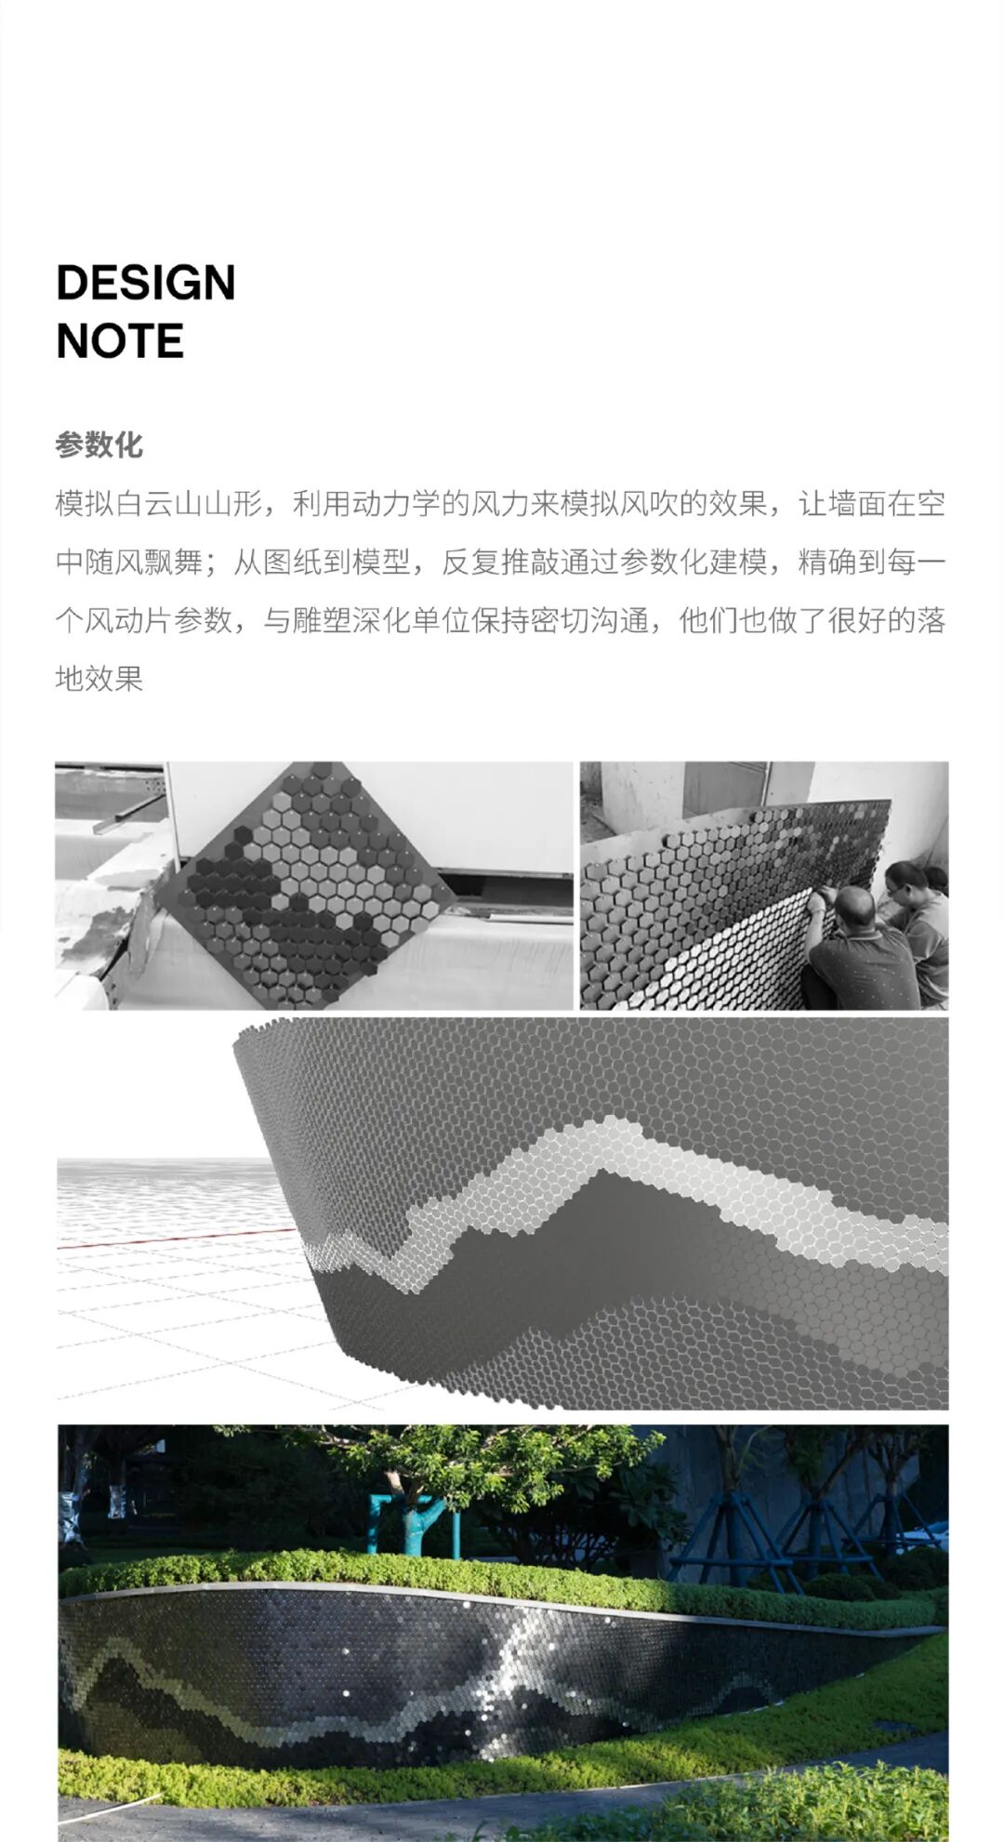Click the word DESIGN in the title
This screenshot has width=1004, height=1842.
coord(146,283)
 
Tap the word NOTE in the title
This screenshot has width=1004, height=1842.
coord(120,341)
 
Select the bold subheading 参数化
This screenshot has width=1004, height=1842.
coord(99,444)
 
